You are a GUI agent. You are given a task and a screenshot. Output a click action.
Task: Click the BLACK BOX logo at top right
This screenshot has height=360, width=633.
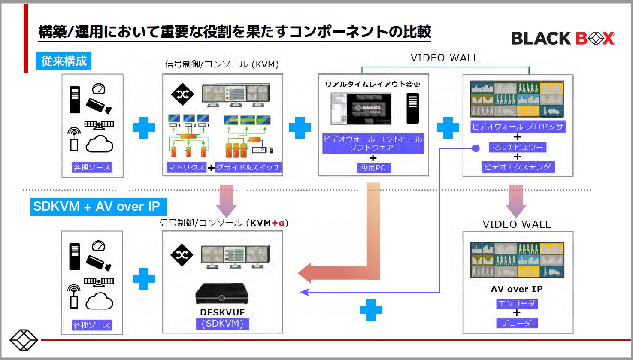tap(563, 39)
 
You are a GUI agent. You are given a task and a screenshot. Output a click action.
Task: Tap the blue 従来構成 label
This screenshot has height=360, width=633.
tap(64, 61)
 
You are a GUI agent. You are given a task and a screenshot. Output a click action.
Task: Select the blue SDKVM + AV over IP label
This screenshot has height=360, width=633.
tap(97, 206)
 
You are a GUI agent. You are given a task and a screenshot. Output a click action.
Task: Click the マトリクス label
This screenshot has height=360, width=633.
tap(186, 167)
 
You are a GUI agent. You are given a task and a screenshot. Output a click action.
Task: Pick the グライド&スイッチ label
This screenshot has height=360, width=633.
tap(248, 167)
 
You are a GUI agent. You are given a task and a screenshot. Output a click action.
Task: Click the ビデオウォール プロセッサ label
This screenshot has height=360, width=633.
tap(517, 127)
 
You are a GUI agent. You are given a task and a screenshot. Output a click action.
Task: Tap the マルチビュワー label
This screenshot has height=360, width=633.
tap(517, 147)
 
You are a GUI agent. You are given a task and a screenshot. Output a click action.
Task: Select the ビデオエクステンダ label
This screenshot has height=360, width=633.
tap(517, 167)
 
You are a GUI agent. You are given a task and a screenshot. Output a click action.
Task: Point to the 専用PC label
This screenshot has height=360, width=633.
tap(373, 168)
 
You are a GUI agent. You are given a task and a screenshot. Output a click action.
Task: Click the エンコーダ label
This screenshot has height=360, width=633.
tap(516, 303)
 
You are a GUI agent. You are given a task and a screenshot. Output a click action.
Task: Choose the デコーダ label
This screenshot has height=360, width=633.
tap(516, 323)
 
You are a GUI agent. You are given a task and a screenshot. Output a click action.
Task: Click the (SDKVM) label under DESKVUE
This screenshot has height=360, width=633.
tap(222, 324)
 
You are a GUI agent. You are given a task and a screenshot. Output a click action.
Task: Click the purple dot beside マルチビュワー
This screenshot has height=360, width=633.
tap(476, 148)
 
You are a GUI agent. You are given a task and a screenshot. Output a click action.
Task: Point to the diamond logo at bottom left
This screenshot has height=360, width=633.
tap(24, 340)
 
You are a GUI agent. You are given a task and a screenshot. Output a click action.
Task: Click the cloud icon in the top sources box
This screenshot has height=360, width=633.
tap(100, 144)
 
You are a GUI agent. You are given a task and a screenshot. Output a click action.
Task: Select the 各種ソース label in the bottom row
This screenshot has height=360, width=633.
tap(92, 325)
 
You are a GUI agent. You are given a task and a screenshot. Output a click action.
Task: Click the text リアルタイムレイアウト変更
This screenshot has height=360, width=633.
tap(373, 84)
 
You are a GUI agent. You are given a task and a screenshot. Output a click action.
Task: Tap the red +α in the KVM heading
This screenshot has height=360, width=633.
tap(278, 223)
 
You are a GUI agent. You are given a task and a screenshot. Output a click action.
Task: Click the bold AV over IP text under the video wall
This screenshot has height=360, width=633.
tap(516, 289)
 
